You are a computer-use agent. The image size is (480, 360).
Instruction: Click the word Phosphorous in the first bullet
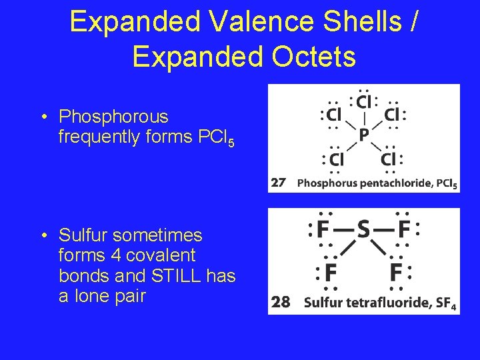[113, 117]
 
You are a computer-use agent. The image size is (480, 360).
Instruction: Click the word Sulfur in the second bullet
[86, 236]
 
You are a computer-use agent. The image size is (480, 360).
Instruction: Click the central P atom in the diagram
[363, 135]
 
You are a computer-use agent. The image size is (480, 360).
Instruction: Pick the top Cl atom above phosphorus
[364, 103]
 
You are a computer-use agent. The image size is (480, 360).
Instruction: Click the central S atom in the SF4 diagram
[363, 231]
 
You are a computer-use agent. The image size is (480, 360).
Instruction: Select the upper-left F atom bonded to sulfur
[323, 231]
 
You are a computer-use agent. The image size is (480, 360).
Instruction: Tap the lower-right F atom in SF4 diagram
[396, 273]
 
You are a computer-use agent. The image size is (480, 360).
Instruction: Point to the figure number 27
[279, 182]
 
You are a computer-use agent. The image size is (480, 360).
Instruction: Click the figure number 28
[281, 302]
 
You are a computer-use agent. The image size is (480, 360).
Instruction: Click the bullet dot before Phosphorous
[43, 117]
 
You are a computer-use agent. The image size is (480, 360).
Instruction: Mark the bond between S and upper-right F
[383, 231]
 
